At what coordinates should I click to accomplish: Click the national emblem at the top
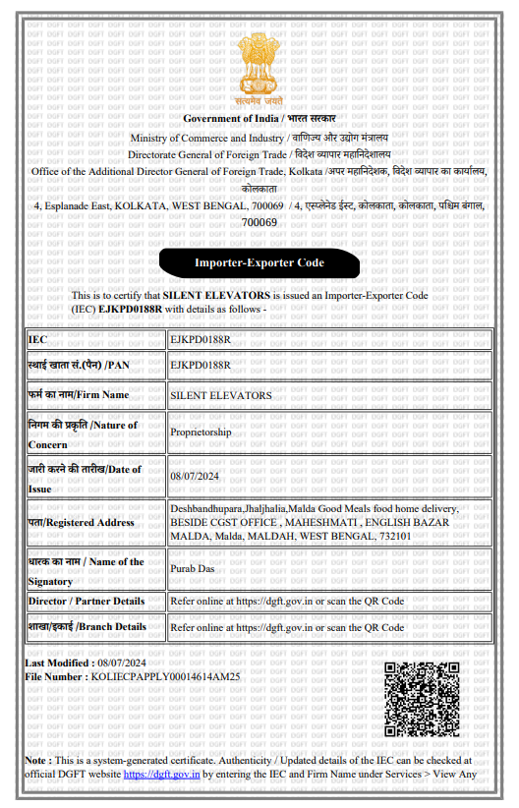coord(259,66)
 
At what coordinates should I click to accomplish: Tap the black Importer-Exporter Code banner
coord(259,262)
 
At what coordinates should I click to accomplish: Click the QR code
coord(422,699)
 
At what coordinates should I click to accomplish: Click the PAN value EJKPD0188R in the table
coord(201,365)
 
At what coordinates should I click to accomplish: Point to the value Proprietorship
coord(201,432)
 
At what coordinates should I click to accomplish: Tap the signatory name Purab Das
coord(192,568)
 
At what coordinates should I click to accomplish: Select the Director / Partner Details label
coord(86,601)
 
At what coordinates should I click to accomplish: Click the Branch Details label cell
coord(87,626)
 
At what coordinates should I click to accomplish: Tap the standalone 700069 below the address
coord(259,222)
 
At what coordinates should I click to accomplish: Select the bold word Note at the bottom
coord(37,760)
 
